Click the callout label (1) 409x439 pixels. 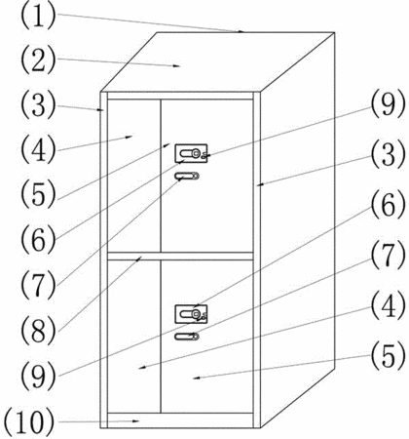(38, 16)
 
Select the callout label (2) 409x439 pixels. (38, 60)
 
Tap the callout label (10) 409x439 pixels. (29, 421)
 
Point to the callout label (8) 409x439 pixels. (38, 331)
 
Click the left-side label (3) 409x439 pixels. (38, 105)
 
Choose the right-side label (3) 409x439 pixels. (389, 155)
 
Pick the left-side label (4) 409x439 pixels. (38, 149)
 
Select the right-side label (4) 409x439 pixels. (389, 305)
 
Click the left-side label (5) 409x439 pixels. (38, 194)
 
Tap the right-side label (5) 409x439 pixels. (389, 356)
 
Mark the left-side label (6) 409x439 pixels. (38, 240)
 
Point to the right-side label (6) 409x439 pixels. (389, 205)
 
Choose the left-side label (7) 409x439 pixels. (38, 285)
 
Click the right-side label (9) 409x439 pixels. (389, 104)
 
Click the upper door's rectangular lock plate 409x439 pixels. (191, 153)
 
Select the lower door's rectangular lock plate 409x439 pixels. (191, 314)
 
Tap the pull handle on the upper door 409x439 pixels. (187, 176)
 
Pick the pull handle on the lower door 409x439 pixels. (187, 337)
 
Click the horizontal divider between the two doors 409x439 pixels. (180, 256)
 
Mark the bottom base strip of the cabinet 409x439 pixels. (180, 420)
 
